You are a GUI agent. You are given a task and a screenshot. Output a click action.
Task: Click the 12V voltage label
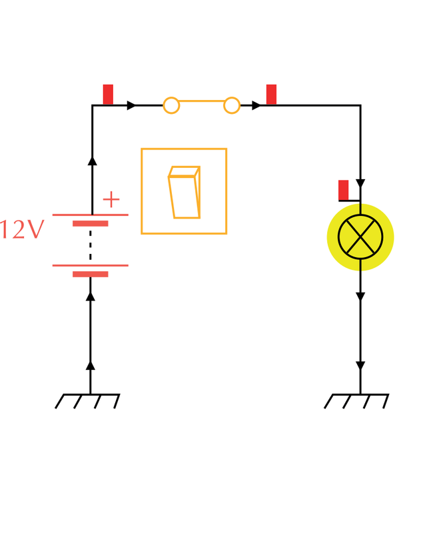[x=23, y=229]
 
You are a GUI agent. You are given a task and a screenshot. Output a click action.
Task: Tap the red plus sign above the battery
[x=111, y=199]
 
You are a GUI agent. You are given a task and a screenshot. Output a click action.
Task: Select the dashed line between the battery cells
[x=91, y=245]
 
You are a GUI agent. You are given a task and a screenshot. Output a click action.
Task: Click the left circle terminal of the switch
[x=171, y=105]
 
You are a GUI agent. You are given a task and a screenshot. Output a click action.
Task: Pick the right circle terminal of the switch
[x=232, y=105]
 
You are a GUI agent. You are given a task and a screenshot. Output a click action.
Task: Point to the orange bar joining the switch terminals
[x=202, y=101]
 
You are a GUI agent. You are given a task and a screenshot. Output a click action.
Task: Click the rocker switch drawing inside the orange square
[x=185, y=192]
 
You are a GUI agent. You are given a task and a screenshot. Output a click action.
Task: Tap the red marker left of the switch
[x=108, y=95]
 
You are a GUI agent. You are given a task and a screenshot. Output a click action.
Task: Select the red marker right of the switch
[x=271, y=95]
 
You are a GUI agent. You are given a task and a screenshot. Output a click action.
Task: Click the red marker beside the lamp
[x=343, y=191]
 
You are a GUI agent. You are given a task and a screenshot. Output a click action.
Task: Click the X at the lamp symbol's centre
[x=360, y=237]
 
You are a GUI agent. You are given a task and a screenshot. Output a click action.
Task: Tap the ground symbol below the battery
[x=87, y=401]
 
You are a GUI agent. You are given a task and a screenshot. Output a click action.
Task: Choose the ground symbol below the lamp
[x=356, y=401]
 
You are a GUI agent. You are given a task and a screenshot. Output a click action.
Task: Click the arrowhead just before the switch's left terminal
[x=131, y=105]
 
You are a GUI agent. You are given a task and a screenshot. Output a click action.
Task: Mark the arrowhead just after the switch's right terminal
[x=256, y=105]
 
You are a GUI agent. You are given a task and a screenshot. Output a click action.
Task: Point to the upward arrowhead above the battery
[x=92, y=161]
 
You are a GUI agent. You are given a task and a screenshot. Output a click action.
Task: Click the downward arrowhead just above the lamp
[x=360, y=184]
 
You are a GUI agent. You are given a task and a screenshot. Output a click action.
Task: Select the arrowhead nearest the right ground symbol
[x=360, y=366]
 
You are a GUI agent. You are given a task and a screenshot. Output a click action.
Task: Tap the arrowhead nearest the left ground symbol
[x=91, y=365]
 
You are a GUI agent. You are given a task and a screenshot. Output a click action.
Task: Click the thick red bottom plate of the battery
[x=91, y=274]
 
